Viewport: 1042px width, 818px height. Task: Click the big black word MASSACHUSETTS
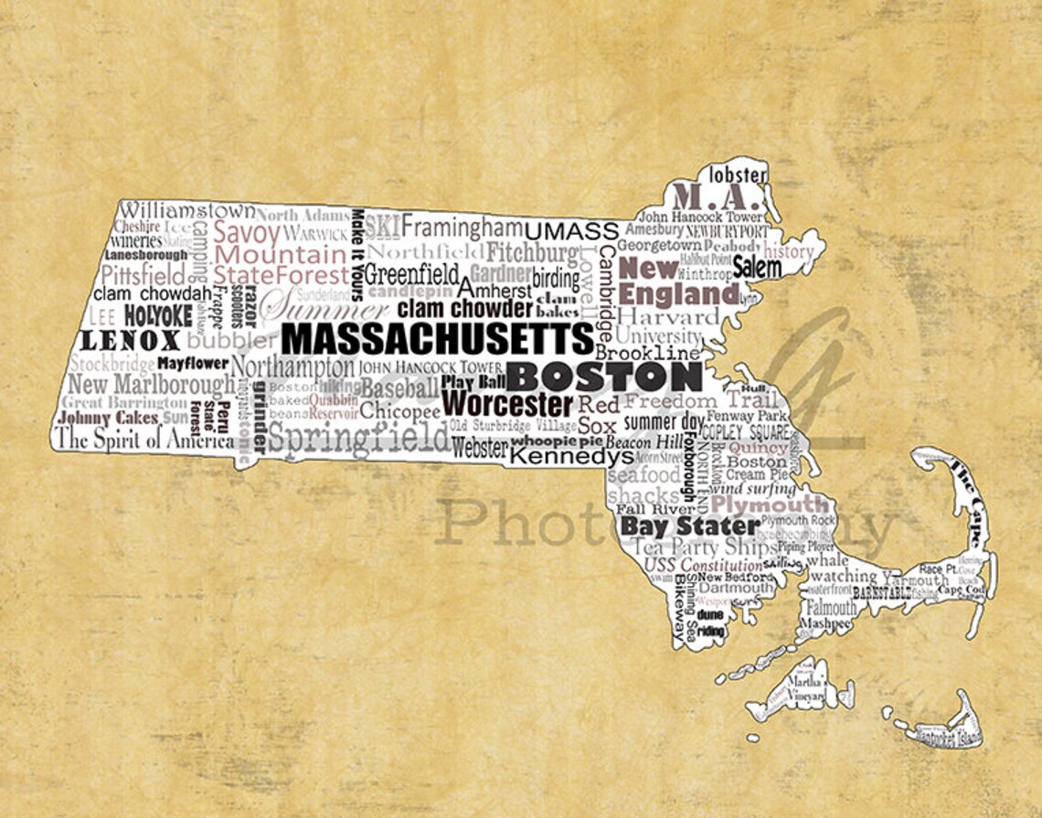(x=437, y=338)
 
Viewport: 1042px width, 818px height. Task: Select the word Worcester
(x=507, y=403)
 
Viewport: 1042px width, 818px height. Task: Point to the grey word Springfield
(x=358, y=439)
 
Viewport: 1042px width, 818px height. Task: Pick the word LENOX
(x=131, y=341)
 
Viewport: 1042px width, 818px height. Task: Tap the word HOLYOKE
(x=158, y=316)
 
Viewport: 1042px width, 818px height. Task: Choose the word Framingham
(x=462, y=226)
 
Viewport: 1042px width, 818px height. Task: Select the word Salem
(x=757, y=268)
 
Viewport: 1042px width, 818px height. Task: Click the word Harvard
(x=675, y=317)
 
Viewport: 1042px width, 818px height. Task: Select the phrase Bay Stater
(x=689, y=526)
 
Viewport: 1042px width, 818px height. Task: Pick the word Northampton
(x=292, y=367)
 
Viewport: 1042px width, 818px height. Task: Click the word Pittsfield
(x=144, y=274)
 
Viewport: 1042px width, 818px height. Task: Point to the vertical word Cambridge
(x=606, y=292)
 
